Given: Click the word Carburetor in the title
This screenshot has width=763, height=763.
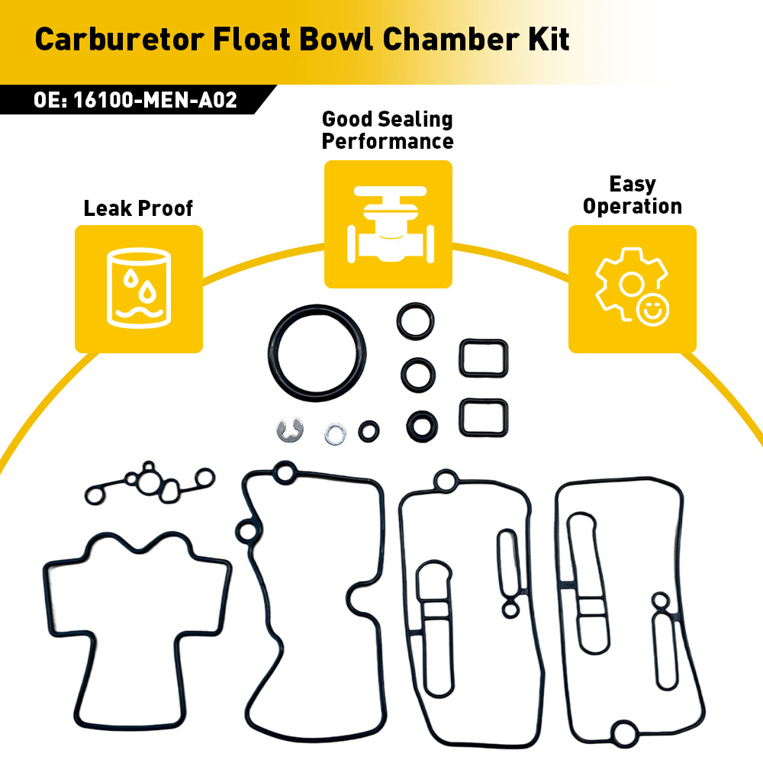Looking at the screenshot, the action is tap(120, 39).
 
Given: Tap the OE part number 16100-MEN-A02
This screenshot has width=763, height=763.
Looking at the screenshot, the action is tap(155, 100).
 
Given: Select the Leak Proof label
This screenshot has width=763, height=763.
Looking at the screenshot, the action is tap(138, 208).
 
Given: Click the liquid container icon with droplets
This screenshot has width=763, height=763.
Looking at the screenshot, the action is tap(139, 288).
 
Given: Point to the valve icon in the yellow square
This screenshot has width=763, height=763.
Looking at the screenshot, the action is tap(390, 224).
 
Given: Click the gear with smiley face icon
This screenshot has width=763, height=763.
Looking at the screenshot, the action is tap(632, 285).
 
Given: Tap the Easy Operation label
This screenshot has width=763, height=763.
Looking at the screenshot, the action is tap(632, 195).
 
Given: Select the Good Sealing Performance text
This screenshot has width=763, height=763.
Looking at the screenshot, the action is tap(388, 130).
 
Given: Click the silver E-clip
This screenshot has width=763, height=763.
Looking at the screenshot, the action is tap(290, 430).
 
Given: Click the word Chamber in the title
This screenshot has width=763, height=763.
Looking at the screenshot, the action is tap(451, 39).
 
